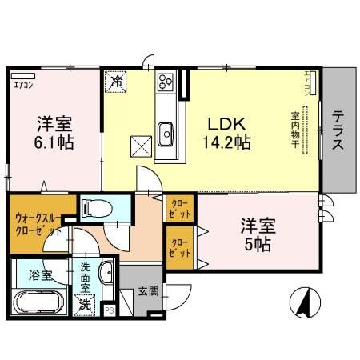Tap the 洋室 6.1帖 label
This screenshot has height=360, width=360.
[54, 134]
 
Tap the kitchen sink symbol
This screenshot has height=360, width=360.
[166, 131]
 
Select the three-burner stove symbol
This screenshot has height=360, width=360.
[166, 81]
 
